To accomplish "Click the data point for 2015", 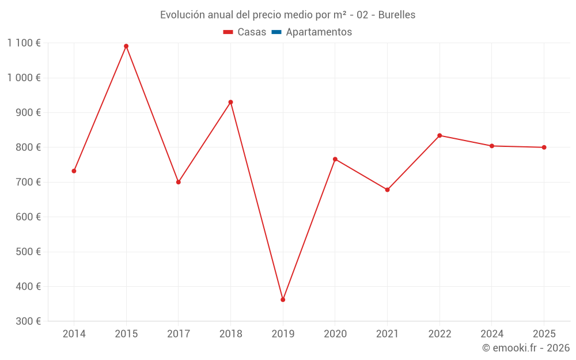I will point(126,46).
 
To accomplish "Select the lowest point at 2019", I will point(283,300).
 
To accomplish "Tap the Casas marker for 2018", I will point(230,102).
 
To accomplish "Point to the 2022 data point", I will point(439,135).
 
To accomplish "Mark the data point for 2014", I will point(74,171).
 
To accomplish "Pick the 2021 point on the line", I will point(387,190).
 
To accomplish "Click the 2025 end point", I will point(544,147).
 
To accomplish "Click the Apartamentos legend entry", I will point(319,32).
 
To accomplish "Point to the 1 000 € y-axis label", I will point(24,78).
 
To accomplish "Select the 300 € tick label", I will point(29,321).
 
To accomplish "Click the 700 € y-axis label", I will point(29,182).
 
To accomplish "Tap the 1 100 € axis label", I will point(24,43).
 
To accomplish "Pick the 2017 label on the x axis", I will point(179,334).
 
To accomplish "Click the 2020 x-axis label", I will point(335,334).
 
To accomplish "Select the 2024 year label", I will point(492,334).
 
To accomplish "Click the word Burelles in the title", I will point(396,15).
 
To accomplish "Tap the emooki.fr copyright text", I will point(526,348).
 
